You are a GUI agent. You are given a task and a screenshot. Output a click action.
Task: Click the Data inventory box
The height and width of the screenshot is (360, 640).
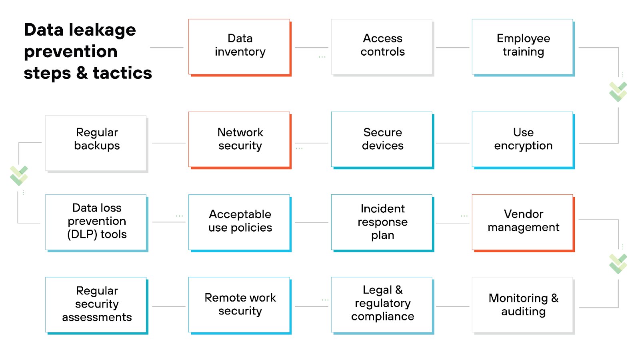click(x=240, y=46)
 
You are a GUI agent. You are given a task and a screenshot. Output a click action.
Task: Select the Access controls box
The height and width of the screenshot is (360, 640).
click(x=382, y=46)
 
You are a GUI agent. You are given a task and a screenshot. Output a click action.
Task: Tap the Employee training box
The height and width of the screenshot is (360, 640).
click(x=523, y=46)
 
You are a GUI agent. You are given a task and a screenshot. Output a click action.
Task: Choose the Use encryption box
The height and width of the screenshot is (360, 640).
click(x=523, y=140)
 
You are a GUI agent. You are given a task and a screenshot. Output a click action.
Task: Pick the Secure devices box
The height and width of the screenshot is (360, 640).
click(x=382, y=140)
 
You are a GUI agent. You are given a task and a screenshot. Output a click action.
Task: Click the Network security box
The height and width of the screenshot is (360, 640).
click(x=240, y=140)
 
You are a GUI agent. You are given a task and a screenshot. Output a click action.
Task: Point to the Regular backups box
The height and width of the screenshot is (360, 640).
click(x=96, y=143)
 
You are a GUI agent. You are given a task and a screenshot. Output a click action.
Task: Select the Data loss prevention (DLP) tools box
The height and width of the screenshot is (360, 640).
click(x=96, y=222)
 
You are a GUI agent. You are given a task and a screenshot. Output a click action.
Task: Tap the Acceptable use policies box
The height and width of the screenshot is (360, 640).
click(x=240, y=222)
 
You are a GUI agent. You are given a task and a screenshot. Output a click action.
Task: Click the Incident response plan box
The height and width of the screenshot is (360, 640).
click(x=382, y=222)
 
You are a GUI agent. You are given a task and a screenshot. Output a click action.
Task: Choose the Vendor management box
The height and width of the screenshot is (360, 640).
click(x=523, y=222)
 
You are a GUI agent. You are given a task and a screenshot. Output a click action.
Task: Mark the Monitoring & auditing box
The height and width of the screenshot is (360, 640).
click(x=523, y=305)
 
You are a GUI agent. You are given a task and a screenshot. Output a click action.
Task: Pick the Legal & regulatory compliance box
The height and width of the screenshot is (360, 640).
click(x=382, y=305)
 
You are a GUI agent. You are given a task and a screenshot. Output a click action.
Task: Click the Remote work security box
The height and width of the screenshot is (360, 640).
click(x=240, y=305)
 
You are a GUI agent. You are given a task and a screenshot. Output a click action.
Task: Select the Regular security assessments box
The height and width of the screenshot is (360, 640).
click(x=96, y=305)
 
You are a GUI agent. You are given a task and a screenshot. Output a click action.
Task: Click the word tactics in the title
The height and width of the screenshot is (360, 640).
click(x=122, y=73)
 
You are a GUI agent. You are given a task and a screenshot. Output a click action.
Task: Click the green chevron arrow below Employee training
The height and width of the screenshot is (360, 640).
click(x=618, y=92)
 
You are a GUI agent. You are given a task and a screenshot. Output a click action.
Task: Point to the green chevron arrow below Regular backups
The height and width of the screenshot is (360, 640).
click(x=19, y=175)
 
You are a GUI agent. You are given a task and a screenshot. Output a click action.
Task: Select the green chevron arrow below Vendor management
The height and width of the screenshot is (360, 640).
click(x=618, y=264)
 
